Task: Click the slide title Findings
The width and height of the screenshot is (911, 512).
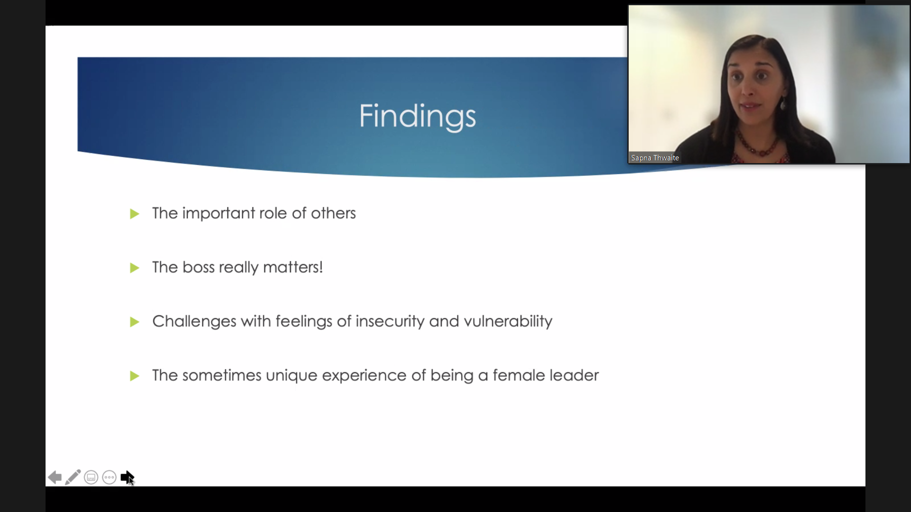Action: point(417,116)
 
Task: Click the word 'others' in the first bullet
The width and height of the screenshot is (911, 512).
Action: point(333,213)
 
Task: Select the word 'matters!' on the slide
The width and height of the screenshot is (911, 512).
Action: point(293,267)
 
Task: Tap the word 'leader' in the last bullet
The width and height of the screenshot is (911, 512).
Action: point(574,375)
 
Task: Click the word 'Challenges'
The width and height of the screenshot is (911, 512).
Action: point(194,321)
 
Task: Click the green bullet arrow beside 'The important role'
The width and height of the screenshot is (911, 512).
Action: point(134,214)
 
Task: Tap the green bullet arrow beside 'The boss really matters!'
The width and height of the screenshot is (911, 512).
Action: point(134,268)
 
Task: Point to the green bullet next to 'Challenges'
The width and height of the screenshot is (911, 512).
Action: point(134,322)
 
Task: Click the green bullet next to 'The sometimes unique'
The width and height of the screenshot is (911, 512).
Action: point(134,376)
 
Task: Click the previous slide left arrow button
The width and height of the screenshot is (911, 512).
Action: point(55,477)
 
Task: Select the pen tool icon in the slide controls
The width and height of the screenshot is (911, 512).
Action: point(73,477)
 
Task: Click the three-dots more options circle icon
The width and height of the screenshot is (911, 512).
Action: point(109,477)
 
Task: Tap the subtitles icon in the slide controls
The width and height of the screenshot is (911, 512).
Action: point(91,477)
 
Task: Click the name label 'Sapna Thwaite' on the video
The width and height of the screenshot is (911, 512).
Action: point(655,158)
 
